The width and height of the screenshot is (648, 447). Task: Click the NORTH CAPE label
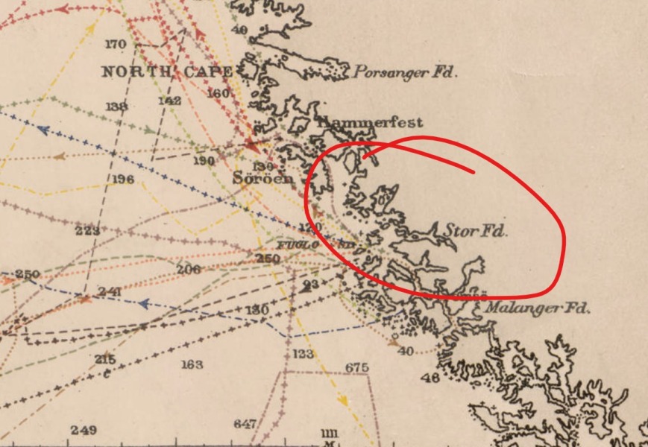[x=168, y=72]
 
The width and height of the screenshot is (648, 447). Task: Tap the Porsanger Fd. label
[x=404, y=72]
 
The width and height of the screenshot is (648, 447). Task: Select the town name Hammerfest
[x=370, y=121]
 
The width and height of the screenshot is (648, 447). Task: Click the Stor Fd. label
[x=476, y=231]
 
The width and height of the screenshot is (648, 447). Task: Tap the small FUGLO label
[x=299, y=244]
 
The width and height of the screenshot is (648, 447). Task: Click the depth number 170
[x=116, y=45]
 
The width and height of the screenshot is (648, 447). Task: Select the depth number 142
[x=170, y=101]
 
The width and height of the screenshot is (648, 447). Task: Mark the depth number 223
[x=87, y=231]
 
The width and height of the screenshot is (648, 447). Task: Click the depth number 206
[x=189, y=269]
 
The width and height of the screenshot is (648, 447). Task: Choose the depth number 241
[x=110, y=291]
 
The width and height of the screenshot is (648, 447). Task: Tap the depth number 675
[x=357, y=368]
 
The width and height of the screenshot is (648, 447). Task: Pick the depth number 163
[x=192, y=364]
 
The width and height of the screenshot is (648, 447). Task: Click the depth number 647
[x=245, y=424]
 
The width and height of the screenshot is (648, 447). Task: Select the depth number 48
[x=430, y=378]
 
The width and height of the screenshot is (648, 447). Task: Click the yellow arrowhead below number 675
[x=342, y=401]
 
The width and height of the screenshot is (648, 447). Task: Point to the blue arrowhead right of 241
[x=145, y=304]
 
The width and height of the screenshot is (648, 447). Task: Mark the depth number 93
[x=311, y=285]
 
